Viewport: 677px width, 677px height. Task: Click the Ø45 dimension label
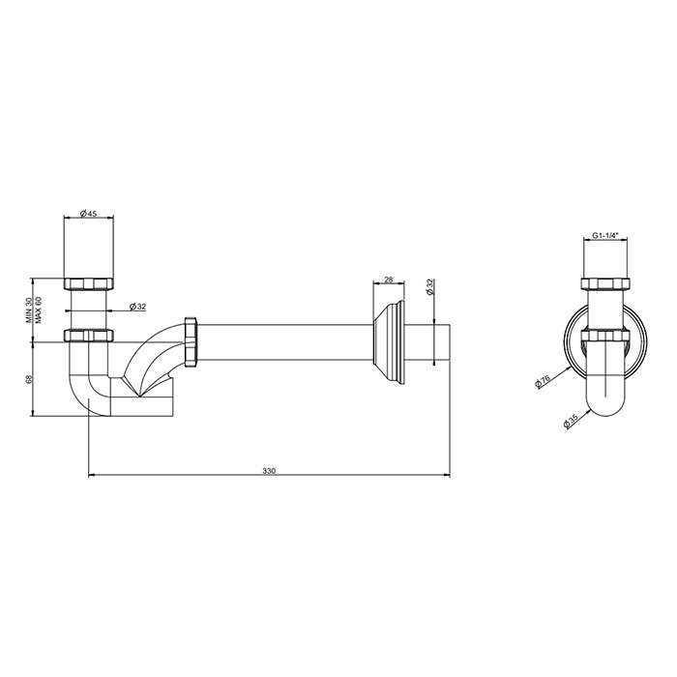(88, 214)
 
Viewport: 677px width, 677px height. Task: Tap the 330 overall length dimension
(269, 471)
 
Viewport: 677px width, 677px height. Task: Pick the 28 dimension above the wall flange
(389, 279)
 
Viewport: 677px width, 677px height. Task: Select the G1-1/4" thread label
(604, 236)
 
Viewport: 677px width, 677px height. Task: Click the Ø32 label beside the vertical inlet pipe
(136, 308)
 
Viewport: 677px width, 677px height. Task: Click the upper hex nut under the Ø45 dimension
(88, 283)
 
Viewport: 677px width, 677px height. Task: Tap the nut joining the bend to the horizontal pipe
(191, 339)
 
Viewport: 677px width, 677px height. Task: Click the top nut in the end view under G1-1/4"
(604, 283)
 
